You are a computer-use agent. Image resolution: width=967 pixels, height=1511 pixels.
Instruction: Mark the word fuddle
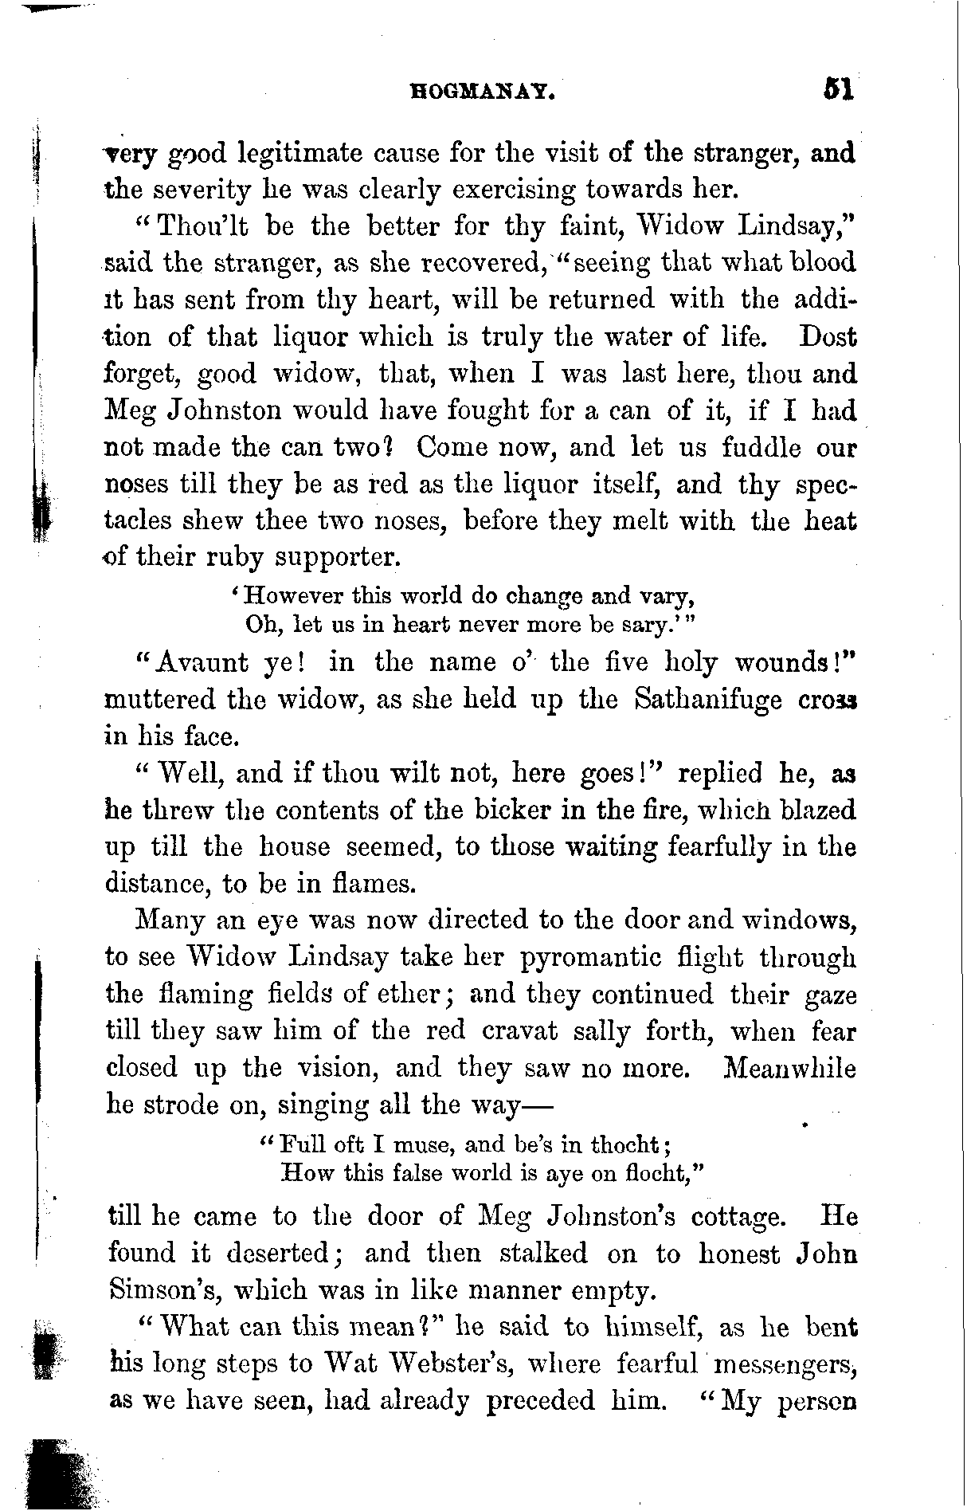[761, 446]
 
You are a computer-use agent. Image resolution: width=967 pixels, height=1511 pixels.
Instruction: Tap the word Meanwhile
[789, 1068]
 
